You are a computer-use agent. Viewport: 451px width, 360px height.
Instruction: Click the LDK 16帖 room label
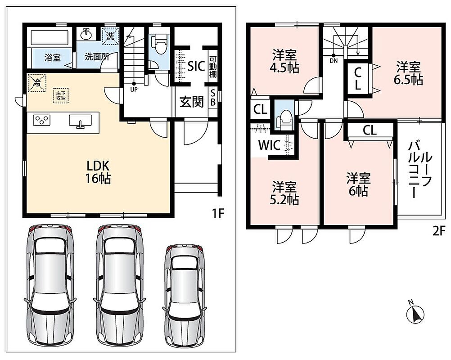point(98,172)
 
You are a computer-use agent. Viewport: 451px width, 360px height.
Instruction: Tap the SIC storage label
point(196,66)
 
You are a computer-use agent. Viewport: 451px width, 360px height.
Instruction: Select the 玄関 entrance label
point(192,102)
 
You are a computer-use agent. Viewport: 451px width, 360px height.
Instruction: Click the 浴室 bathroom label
point(53,58)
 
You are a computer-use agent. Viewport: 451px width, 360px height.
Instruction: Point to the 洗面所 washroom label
point(97,57)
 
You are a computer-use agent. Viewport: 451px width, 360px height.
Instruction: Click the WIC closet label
point(269,145)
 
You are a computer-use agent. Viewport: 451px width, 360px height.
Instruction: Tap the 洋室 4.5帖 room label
point(284,61)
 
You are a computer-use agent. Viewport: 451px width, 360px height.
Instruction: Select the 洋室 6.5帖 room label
point(408,73)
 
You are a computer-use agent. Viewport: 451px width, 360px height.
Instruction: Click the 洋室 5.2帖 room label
point(284,193)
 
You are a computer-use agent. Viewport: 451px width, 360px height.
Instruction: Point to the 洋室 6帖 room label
point(358,184)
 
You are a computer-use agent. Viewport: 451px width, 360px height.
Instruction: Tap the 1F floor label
point(217,214)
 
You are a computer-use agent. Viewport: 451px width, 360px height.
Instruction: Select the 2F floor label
point(439,231)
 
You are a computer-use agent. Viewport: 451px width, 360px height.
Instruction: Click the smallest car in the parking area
point(185,294)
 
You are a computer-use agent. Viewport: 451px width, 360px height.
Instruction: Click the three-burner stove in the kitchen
point(42,120)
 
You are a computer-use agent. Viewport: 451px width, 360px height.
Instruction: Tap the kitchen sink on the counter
point(80,121)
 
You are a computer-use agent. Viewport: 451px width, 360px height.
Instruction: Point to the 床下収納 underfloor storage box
point(61,95)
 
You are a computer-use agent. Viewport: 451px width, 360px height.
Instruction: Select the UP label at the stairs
point(134,90)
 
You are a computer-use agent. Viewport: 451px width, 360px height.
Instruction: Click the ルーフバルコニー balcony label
point(420,170)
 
